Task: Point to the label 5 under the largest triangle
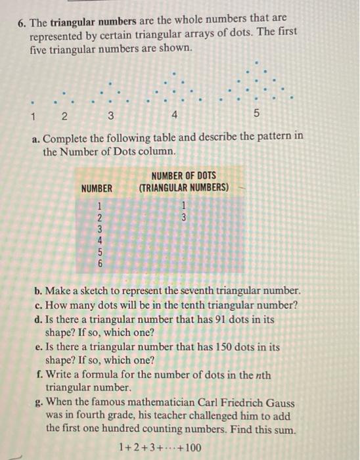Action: tap(257, 117)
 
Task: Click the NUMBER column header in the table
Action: tap(97, 189)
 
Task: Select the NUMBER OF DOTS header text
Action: tap(183, 176)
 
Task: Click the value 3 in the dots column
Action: tap(185, 217)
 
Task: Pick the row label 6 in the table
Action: tap(100, 264)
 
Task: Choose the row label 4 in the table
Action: tap(100, 241)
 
